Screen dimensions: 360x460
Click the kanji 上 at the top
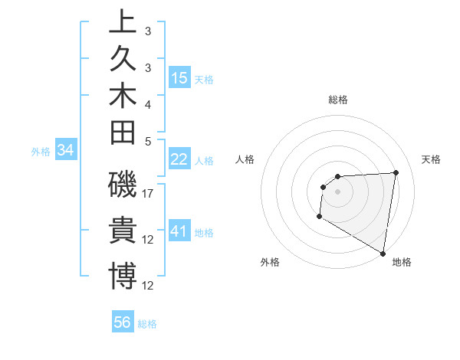pyautogui.click(x=123, y=22)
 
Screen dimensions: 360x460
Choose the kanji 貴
pyautogui.click(x=123, y=230)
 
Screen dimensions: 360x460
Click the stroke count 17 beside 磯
pyautogui.click(x=148, y=194)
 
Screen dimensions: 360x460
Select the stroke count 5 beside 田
pyautogui.click(x=148, y=141)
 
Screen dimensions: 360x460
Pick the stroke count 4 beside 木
pyautogui.click(x=148, y=104)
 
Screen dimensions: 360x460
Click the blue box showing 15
pyautogui.click(x=179, y=77)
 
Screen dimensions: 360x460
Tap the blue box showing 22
pyautogui.click(x=179, y=159)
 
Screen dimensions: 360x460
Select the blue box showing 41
pyautogui.click(x=179, y=231)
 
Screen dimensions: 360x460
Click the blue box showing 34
pyautogui.click(x=66, y=151)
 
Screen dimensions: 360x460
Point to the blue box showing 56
pyautogui.click(x=123, y=322)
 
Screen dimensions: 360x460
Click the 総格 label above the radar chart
pyautogui.click(x=338, y=100)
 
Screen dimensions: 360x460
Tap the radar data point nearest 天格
pyautogui.click(x=396, y=172)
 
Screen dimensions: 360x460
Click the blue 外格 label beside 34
pyautogui.click(x=41, y=152)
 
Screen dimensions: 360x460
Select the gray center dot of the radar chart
pyautogui.click(x=338, y=191)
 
